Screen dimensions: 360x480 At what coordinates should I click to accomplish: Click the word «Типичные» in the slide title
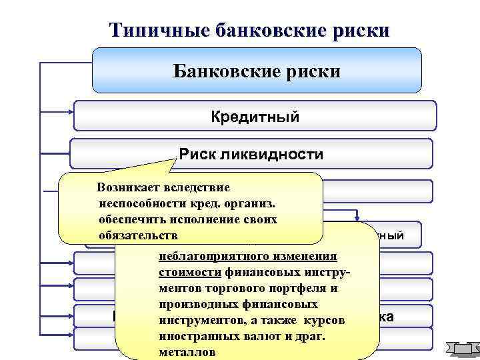pyautogui.click(x=155, y=30)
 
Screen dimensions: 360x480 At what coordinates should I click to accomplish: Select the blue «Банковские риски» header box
pyautogui.click(x=257, y=70)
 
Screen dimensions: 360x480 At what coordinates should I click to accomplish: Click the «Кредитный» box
pyautogui.click(x=255, y=117)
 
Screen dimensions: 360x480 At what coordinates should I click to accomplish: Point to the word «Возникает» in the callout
pyautogui.click(x=128, y=189)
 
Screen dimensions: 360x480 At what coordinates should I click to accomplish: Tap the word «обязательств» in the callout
pyautogui.click(x=137, y=235)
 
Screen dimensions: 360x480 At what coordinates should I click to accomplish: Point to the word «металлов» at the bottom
pyautogui.click(x=187, y=352)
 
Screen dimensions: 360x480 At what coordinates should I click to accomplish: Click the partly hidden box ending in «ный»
pyautogui.click(x=400, y=235)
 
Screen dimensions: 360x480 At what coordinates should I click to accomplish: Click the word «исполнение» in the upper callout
pyautogui.click(x=210, y=219)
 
